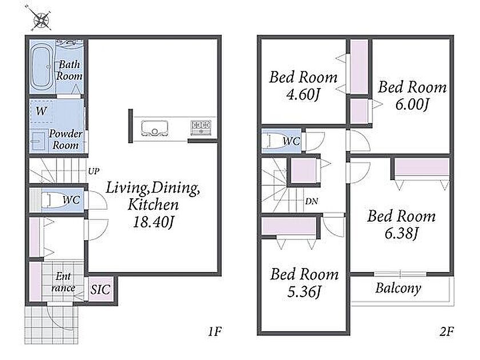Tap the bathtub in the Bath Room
click(42, 67)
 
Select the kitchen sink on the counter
click(154, 128)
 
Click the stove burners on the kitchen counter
click(201, 127)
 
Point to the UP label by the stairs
click(94, 171)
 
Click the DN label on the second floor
click(311, 201)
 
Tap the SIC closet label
click(100, 289)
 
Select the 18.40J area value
click(153, 222)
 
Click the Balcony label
click(398, 289)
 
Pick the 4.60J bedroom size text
click(303, 95)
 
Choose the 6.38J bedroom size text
click(401, 234)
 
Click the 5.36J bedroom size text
click(303, 292)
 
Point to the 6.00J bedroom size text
click(412, 105)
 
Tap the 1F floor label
click(215, 331)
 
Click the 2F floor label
click(447, 331)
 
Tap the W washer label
click(41, 111)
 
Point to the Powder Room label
click(66, 139)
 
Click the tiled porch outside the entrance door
click(51, 325)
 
